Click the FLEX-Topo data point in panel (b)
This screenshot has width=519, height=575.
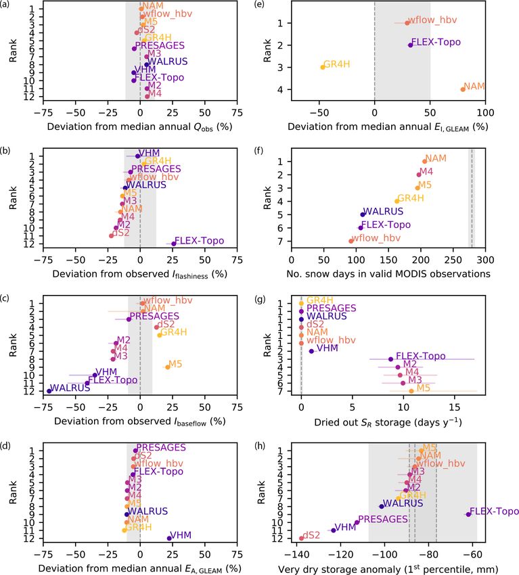coord(174,244)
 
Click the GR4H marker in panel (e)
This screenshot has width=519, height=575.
coord(323,67)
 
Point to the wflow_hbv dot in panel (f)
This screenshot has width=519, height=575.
coord(351,241)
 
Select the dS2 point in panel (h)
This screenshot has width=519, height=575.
coord(301,538)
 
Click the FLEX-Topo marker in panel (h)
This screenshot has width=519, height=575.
coord(468,514)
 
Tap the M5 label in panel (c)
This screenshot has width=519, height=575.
coord(175,364)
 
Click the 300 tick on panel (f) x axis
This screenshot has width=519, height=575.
coord(485,258)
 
